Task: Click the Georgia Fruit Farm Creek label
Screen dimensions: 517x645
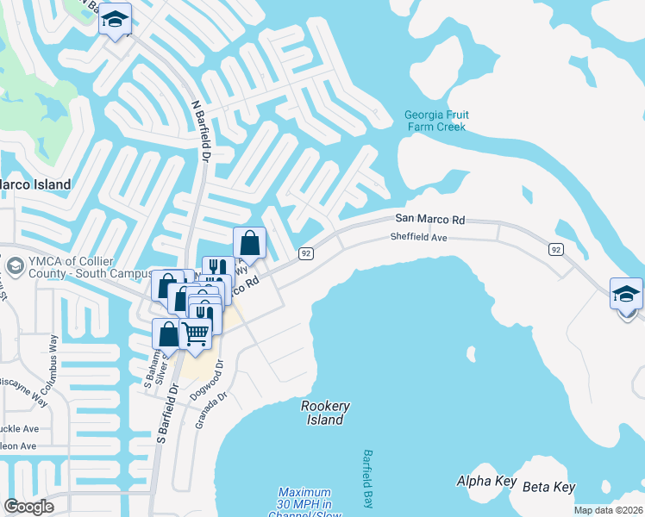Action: point(435,121)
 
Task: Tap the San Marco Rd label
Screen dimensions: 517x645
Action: point(429,221)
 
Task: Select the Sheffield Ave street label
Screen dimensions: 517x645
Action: point(418,237)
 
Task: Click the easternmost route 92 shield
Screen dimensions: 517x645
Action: point(556,249)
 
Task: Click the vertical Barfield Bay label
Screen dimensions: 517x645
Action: point(368,479)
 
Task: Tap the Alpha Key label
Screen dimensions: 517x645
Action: point(486,481)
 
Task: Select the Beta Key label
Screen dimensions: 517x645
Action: point(552,487)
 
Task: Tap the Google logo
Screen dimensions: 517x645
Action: point(29,507)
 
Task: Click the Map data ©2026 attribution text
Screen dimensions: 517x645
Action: point(608,510)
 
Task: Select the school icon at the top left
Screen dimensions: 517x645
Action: point(114,20)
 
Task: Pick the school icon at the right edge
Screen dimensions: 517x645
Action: point(626,295)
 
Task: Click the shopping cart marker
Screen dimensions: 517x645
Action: point(196,333)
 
